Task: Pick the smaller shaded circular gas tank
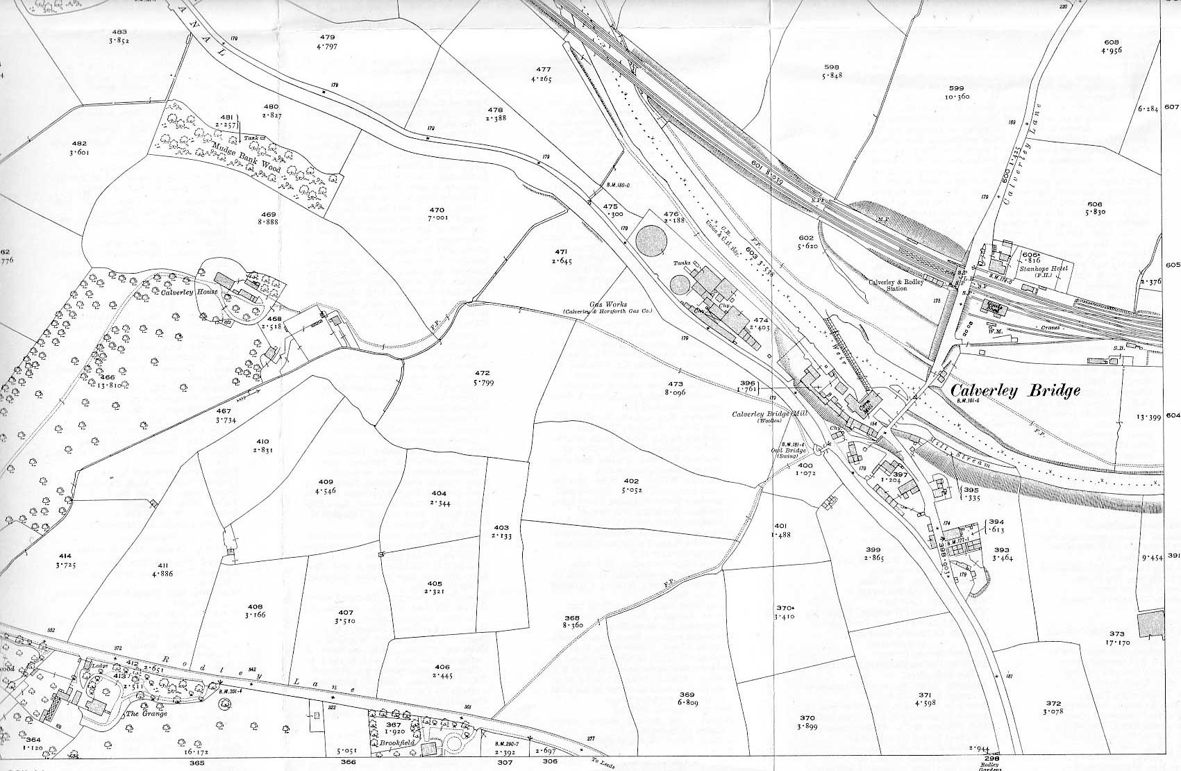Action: (681, 285)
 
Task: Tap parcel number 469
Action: (268, 214)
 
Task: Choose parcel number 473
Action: (676, 383)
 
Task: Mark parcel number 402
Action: (630, 481)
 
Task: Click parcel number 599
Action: (956, 88)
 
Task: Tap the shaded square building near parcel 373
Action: (1150, 624)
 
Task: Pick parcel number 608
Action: (1111, 42)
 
